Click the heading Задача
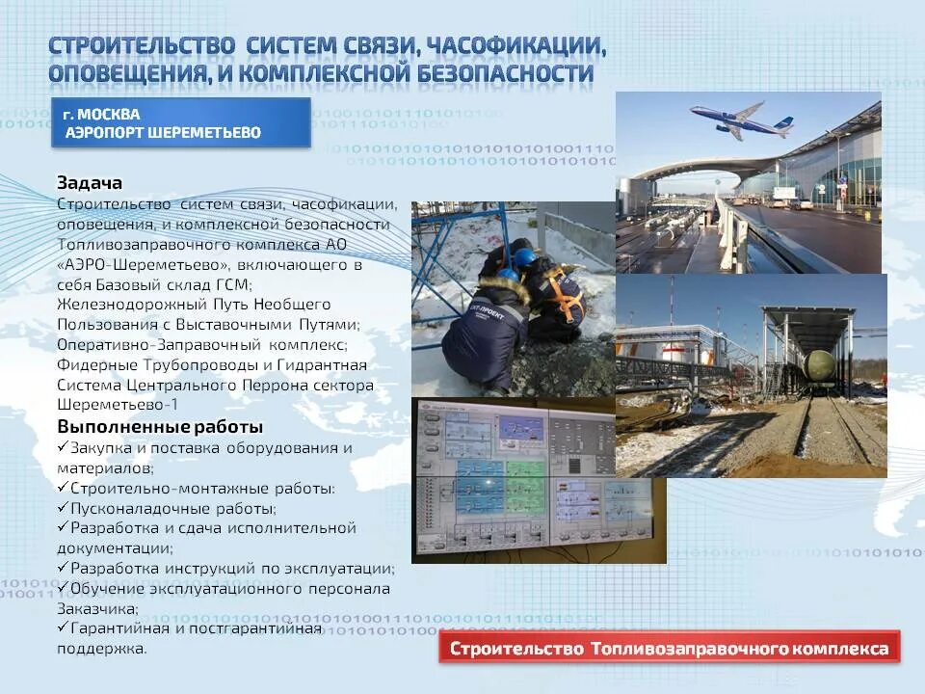coord(90,182)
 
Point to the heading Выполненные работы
coord(160,426)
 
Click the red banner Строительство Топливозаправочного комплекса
coord(670,649)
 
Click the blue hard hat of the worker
coord(524,256)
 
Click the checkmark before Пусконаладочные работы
coord(63,507)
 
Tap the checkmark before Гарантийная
coord(63,627)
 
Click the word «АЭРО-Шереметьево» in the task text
coord(151,264)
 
